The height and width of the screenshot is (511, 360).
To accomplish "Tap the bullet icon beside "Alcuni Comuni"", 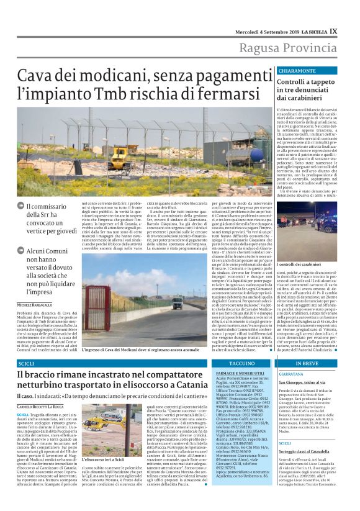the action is click(x=21, y=251).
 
